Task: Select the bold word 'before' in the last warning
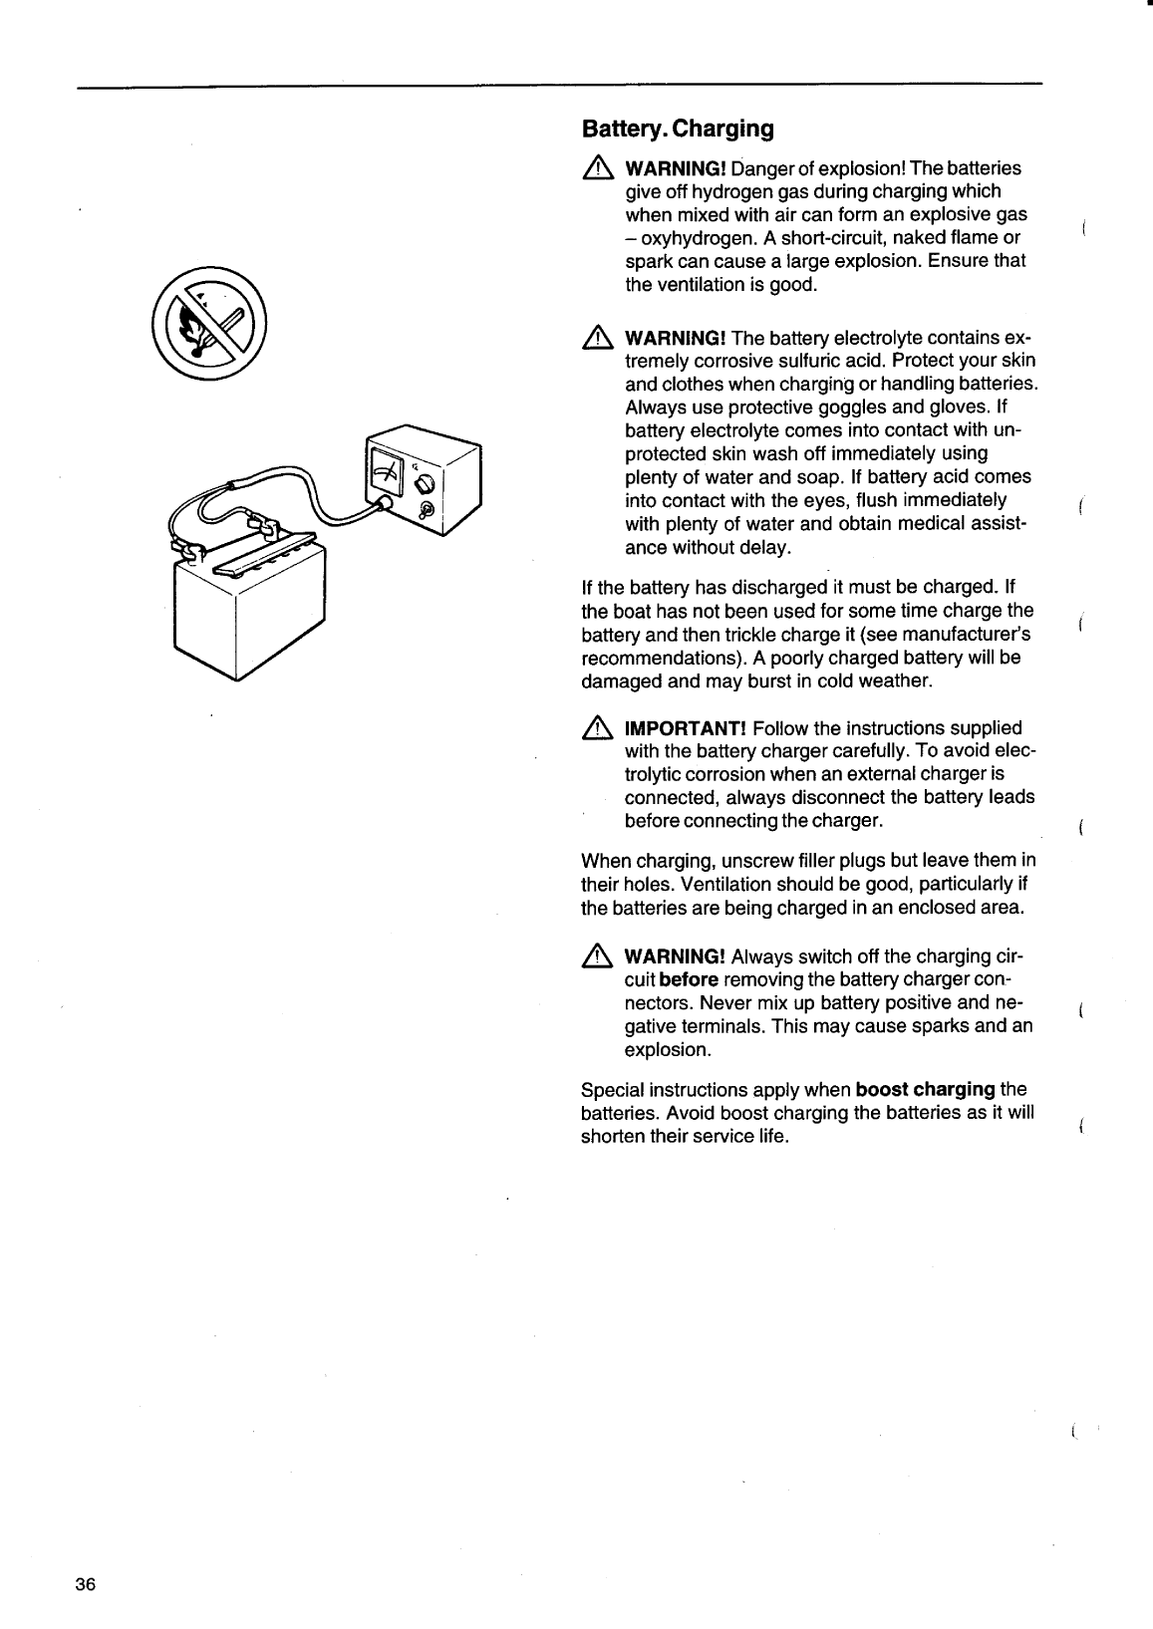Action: [x=689, y=980]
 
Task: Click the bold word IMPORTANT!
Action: [x=686, y=729]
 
